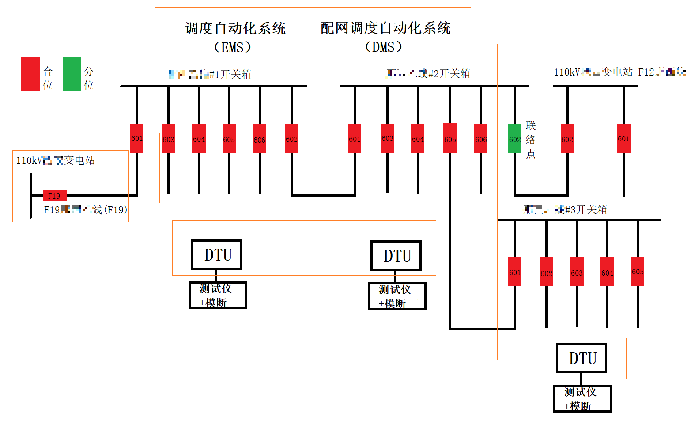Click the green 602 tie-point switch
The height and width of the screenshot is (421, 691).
[x=515, y=138]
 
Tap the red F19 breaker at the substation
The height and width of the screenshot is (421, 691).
[x=54, y=196]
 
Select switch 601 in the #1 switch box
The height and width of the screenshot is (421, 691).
[x=137, y=138]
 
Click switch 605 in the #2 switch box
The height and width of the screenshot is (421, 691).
[x=450, y=138]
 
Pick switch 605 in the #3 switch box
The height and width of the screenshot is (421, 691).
[x=638, y=272]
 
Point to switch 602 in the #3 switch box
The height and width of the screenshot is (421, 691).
[x=546, y=272]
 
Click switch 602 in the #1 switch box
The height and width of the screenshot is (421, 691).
[x=291, y=138]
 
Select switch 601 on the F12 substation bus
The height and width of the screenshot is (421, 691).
[x=623, y=138]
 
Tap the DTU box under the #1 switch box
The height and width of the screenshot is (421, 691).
[x=216, y=255]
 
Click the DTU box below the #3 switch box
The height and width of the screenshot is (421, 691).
[x=581, y=358]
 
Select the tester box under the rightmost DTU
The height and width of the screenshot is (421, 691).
[x=582, y=398]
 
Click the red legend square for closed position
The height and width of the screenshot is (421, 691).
[x=30, y=74]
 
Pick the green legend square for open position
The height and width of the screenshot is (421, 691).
[x=72, y=74]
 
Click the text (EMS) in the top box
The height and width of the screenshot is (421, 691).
[x=233, y=47]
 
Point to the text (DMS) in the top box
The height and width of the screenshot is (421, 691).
[x=384, y=46]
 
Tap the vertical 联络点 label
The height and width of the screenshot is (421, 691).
[x=531, y=140]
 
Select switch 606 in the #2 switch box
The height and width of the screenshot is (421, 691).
[x=481, y=138]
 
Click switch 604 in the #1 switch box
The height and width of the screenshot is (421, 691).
[x=199, y=138]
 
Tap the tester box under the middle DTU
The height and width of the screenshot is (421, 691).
[x=396, y=296]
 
